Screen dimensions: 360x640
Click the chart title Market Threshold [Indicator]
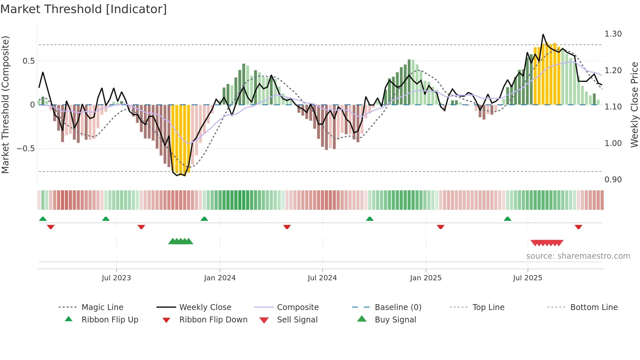(84, 9)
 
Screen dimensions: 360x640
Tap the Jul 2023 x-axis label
(116, 278)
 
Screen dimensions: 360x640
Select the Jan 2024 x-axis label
(220, 278)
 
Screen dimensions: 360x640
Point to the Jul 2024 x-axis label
(322, 278)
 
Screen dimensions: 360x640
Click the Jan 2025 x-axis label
(426, 278)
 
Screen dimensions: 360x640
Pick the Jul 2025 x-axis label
(528, 278)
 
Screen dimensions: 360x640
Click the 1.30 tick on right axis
(613, 34)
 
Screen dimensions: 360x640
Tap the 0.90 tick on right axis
(613, 180)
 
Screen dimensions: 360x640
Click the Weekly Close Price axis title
(634, 105)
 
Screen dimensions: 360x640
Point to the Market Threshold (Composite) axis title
(5, 105)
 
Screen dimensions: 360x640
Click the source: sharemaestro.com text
(578, 256)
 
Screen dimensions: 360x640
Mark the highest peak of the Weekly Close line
(543, 34)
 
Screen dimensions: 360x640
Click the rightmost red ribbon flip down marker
(578, 227)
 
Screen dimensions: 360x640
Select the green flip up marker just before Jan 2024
(204, 219)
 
